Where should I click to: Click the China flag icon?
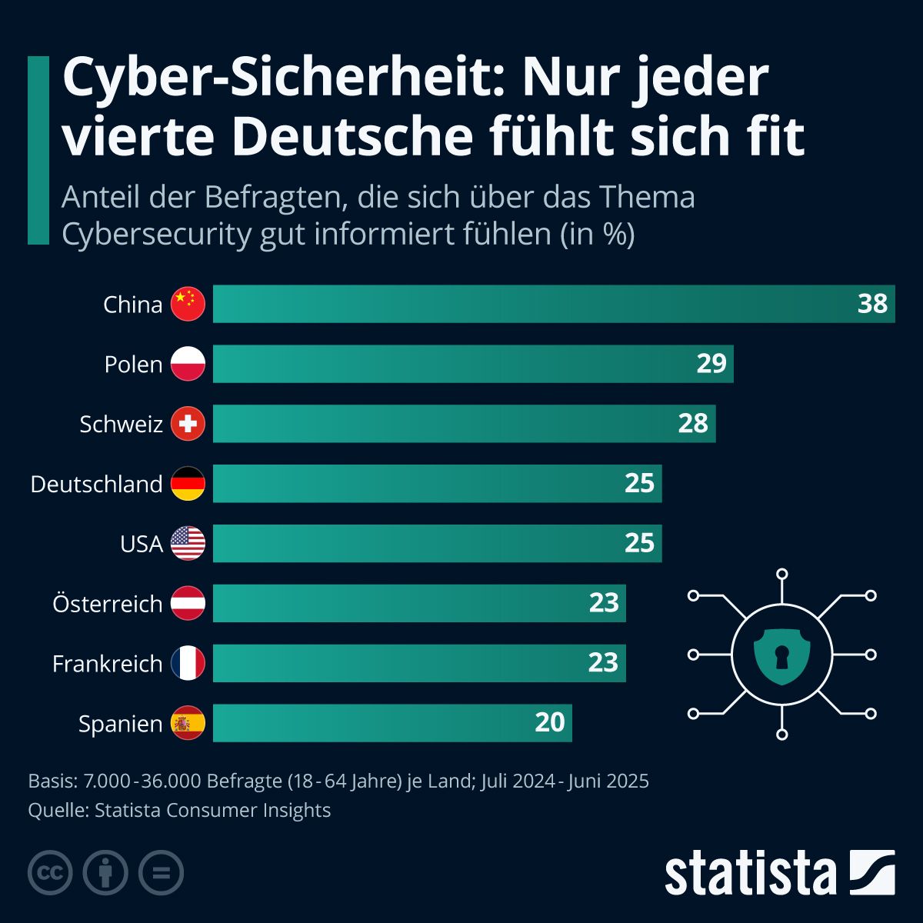(x=188, y=304)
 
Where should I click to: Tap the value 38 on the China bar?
(x=872, y=304)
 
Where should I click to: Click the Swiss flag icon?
(x=188, y=424)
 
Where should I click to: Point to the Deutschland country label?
(x=96, y=484)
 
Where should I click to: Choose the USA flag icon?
(x=188, y=544)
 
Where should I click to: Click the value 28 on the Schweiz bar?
(x=692, y=423)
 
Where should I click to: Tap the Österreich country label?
(x=107, y=604)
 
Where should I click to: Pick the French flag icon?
(x=188, y=663)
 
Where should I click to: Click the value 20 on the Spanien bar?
(x=549, y=722)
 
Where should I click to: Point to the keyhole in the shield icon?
(x=782, y=656)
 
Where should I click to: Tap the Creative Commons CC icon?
(x=50, y=873)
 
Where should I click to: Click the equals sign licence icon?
(x=161, y=873)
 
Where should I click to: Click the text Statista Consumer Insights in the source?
(x=212, y=810)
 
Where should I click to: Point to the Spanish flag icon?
(x=188, y=723)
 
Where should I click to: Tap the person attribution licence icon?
(x=105, y=873)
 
